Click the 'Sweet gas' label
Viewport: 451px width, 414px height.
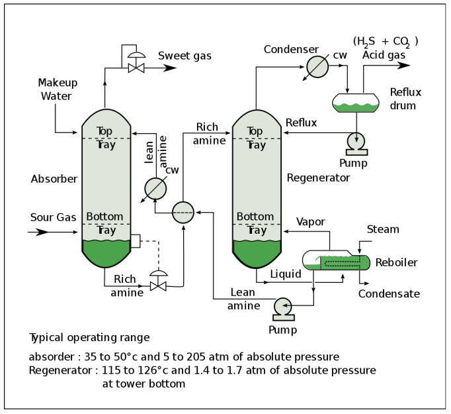pyautogui.click(x=184, y=56)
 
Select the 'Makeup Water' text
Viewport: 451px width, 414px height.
pyautogui.click(x=58, y=89)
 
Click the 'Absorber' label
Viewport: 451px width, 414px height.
pyautogui.click(x=54, y=179)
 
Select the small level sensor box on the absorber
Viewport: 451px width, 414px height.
pyautogui.click(x=136, y=241)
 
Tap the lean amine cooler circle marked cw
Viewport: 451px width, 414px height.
pyautogui.click(x=155, y=188)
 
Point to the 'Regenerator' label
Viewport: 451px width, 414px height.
pyautogui.click(x=318, y=178)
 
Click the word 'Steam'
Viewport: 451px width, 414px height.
pyautogui.click(x=383, y=229)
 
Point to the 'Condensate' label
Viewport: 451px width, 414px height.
pyautogui.click(x=389, y=293)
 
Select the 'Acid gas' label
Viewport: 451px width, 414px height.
pyautogui.click(x=384, y=55)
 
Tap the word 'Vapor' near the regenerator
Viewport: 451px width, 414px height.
pyautogui.click(x=311, y=221)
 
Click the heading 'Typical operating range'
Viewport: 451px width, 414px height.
pyautogui.click(x=90, y=337)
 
